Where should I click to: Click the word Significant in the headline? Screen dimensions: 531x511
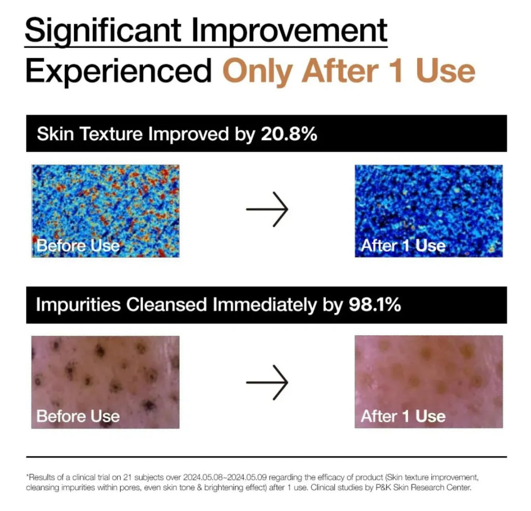point(103,32)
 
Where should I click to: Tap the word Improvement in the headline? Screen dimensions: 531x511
point(289,32)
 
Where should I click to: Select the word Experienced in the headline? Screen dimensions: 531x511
point(118,71)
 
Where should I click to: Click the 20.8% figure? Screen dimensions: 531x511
point(289,134)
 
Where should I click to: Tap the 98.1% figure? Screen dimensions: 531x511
point(375,304)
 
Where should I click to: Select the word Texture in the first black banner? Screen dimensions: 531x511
point(111,134)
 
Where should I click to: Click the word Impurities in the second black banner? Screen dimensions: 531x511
point(78,305)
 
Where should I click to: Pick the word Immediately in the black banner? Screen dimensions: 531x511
point(264,304)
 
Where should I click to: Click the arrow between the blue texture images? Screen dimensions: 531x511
point(267,209)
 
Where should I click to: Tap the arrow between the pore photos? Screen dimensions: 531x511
point(267,382)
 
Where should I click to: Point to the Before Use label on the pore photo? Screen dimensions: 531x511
point(78,416)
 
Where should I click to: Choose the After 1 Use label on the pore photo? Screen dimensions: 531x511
point(403,416)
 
